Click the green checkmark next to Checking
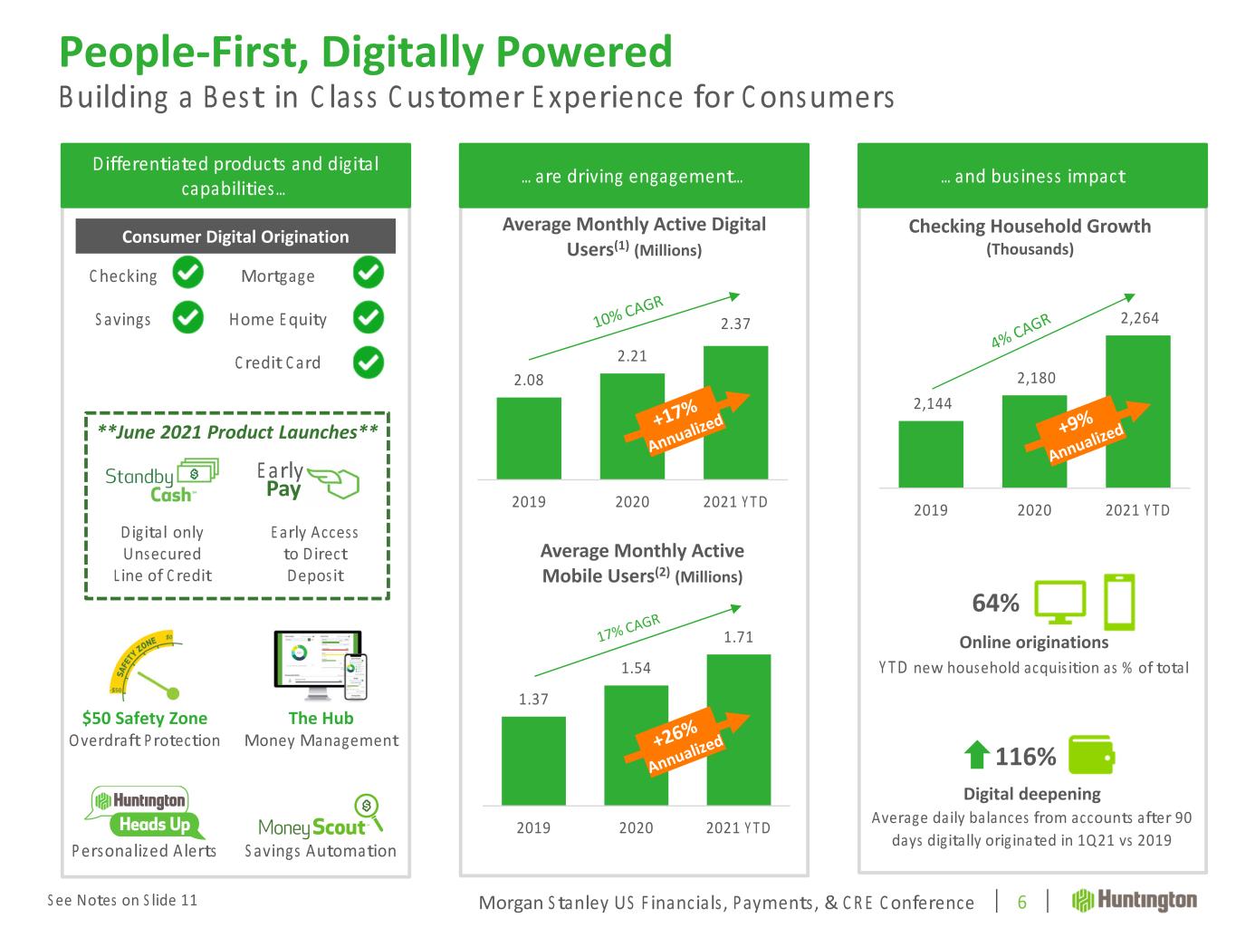tap(187, 272)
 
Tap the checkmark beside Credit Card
tap(368, 362)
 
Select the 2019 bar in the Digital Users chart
tap(529, 438)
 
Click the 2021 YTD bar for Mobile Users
tap(738, 729)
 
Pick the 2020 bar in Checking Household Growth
tap(1034, 441)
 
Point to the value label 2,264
tap(1139, 318)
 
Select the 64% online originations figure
tap(995, 603)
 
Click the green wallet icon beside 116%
tap(1092, 756)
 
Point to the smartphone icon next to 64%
tap(1119, 602)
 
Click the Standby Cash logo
tap(162, 481)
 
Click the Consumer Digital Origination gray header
tap(235, 237)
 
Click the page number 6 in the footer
tap(1021, 902)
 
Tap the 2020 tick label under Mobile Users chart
tap(636, 827)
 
